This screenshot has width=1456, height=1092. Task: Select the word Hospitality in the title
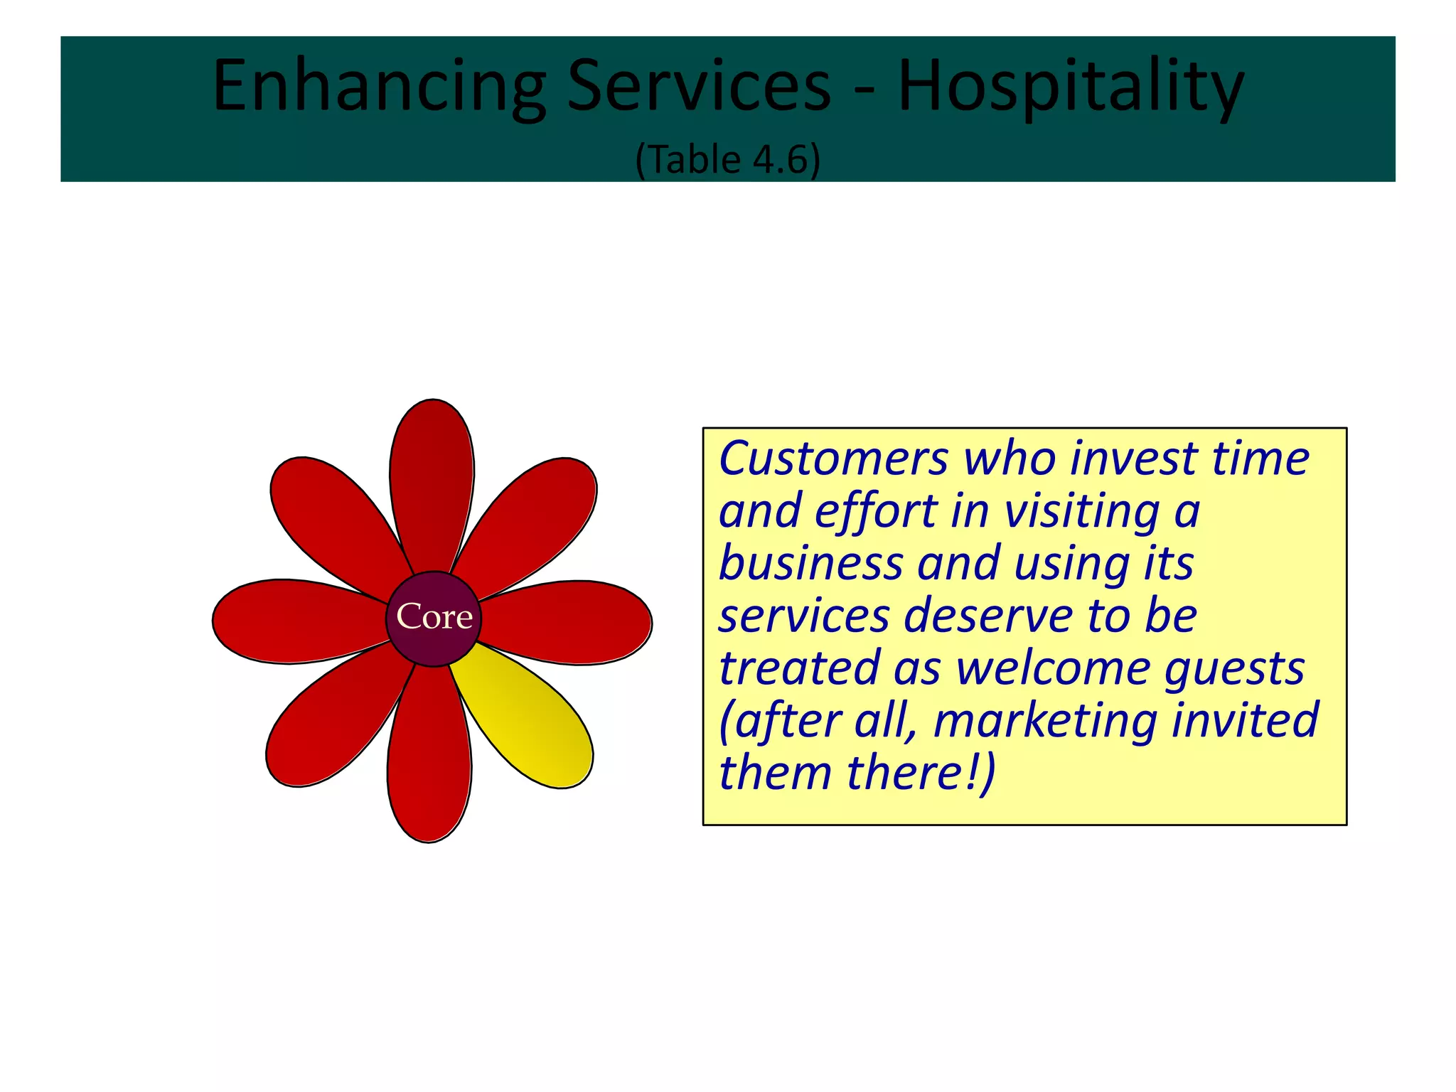(x=1071, y=87)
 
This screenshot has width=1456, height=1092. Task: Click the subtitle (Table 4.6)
(x=727, y=159)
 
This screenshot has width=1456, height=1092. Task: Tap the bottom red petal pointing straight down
(x=429, y=761)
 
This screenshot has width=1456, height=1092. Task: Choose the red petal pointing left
(x=291, y=621)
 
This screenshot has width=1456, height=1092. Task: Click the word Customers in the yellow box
(x=833, y=459)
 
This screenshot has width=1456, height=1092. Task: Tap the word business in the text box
(x=810, y=563)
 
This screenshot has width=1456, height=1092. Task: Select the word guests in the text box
(x=1234, y=669)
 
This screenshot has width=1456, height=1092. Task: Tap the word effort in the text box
(x=877, y=512)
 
